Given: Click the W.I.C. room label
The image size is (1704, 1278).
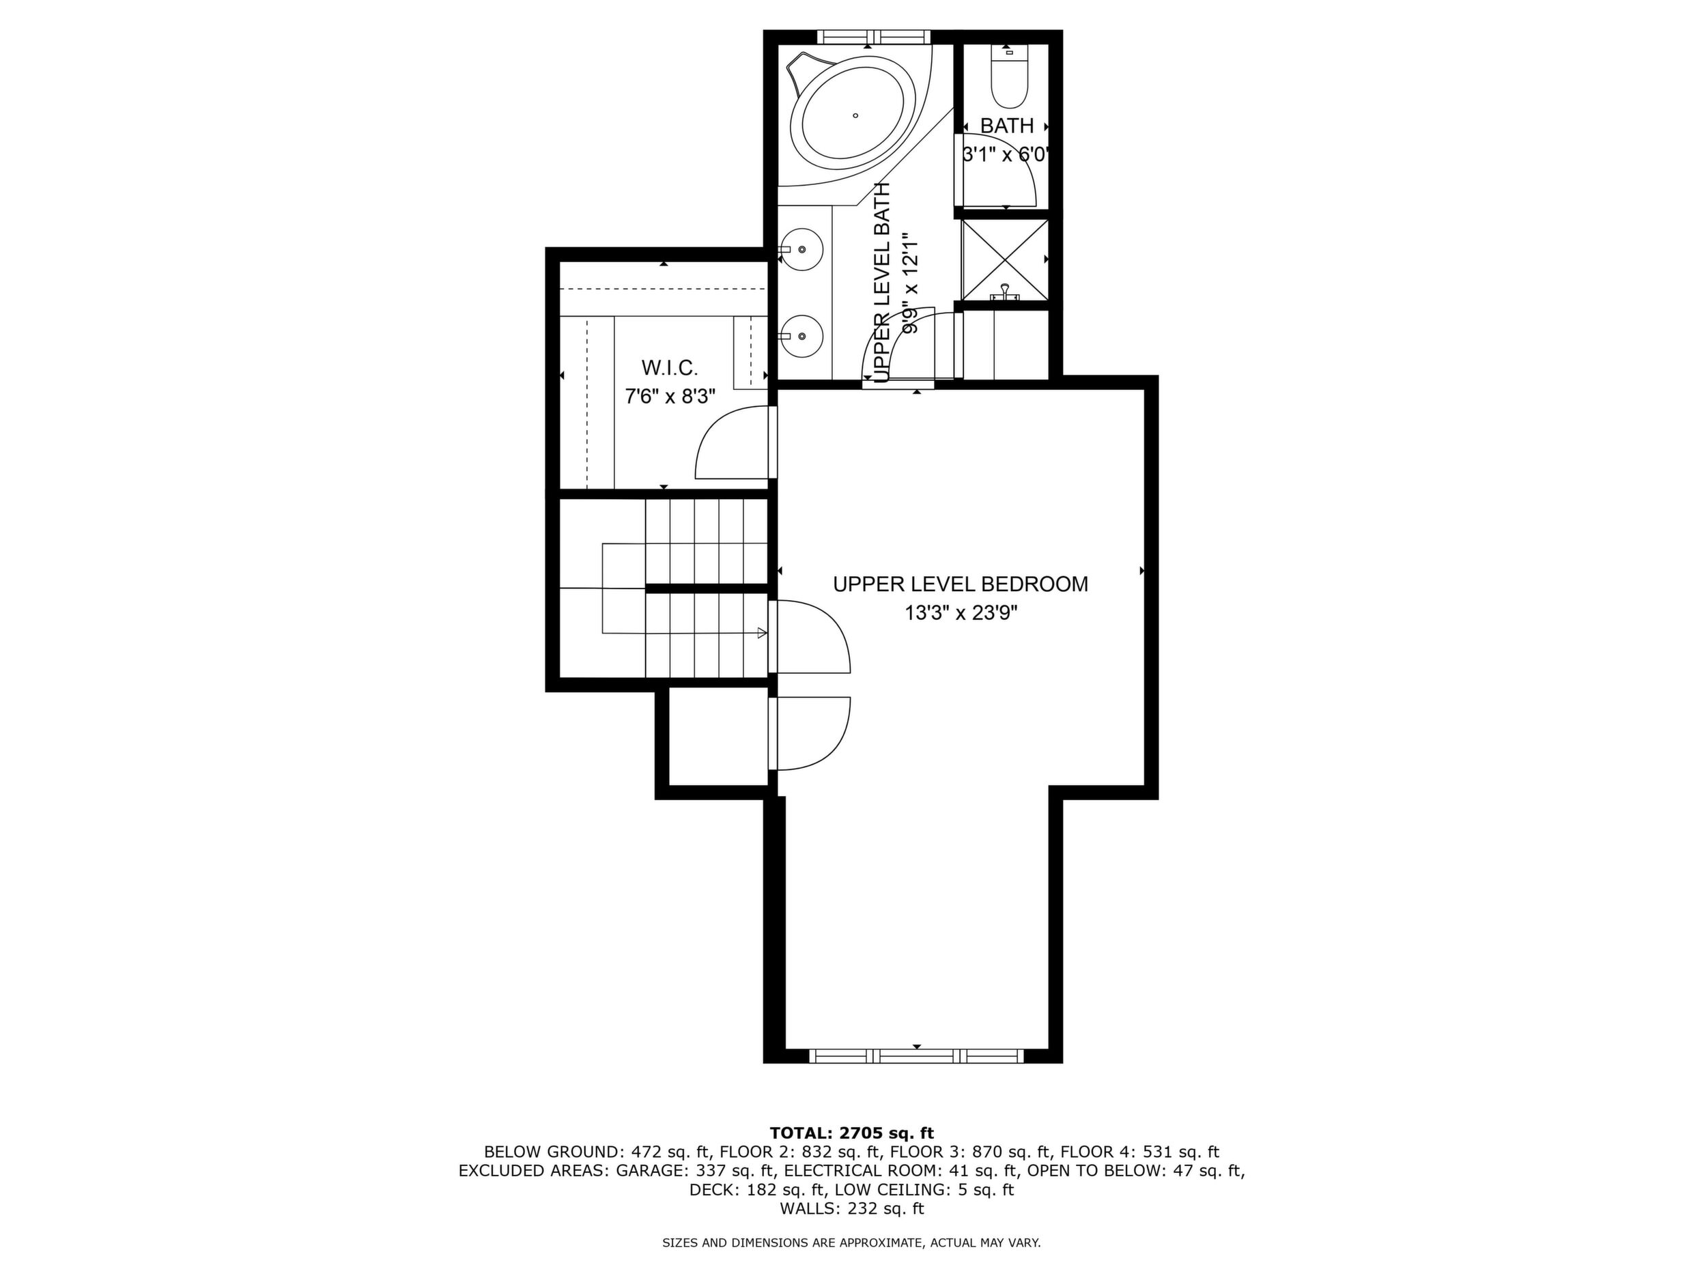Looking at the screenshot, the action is pos(670,367).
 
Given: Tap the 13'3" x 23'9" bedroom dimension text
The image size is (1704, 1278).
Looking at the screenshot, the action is pos(961,613).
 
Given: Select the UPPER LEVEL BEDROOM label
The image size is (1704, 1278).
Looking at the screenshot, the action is pos(961,584).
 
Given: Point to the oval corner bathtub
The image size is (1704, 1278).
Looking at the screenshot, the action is pos(855,116).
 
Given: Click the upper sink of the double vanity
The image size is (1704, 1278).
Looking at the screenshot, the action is pos(802,250).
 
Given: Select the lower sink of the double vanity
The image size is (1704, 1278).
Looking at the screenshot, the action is pos(802,336).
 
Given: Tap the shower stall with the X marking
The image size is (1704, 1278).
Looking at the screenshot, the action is pos(1004,259).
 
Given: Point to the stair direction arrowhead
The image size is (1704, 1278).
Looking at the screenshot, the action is pos(762,634).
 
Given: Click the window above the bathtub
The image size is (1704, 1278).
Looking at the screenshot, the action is pos(874,36).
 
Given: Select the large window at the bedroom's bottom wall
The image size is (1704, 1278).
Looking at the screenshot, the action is pos(917,1056).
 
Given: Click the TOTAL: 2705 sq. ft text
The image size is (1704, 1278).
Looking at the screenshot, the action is pos(851,1133).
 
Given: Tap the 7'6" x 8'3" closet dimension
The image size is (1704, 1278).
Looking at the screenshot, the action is pos(670,397).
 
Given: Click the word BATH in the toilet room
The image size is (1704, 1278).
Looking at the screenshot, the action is pos(1007,126).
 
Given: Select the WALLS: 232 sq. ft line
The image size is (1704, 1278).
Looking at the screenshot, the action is pos(851,1208).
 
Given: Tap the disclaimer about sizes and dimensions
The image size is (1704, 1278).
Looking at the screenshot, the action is pos(851,1242).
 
